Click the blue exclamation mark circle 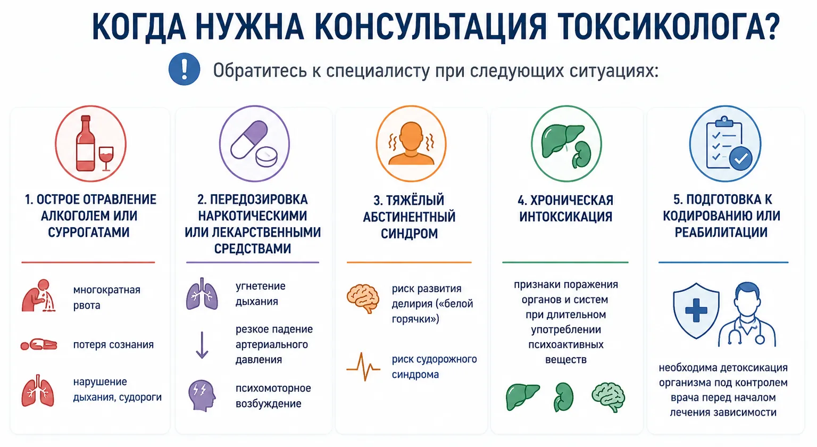click(x=184, y=69)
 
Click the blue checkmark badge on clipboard click(x=741, y=159)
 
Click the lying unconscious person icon click(x=39, y=344)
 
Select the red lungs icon click(x=38, y=391)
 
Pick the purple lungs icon click(x=202, y=294)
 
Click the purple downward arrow click(x=202, y=345)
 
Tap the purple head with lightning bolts click(x=202, y=395)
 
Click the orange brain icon click(x=363, y=298)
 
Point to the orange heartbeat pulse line click(x=363, y=367)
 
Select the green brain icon click(x=608, y=397)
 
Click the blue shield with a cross click(x=696, y=311)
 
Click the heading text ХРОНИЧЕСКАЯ click(x=572, y=200)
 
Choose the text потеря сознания click(x=113, y=344)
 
